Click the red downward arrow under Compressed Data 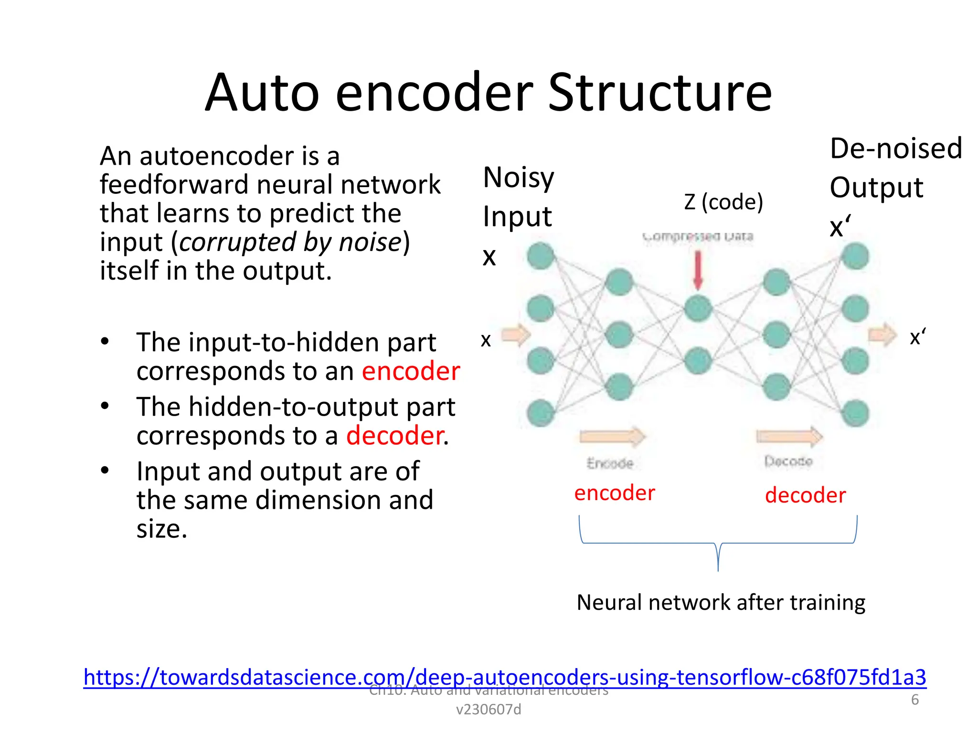[x=698, y=270]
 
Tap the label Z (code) [x=723, y=202]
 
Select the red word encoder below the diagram [x=615, y=492]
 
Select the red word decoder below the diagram [x=805, y=495]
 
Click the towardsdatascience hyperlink [x=504, y=677]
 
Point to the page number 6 [x=914, y=700]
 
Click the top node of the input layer [x=541, y=256]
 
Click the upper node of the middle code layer [x=698, y=309]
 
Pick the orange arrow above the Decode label [x=789, y=436]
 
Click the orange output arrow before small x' [x=882, y=335]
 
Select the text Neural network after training [x=721, y=602]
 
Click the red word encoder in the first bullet [x=411, y=371]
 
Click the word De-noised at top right [x=895, y=148]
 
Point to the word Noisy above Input [x=518, y=178]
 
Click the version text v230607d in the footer [x=489, y=710]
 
